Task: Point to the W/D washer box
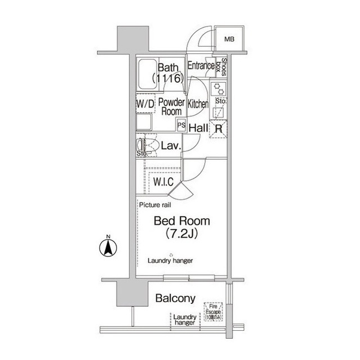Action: coord(145,103)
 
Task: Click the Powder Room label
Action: coord(171,106)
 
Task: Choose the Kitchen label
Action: coord(198,104)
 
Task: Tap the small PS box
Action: coord(182,125)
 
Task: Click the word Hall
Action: coord(199,128)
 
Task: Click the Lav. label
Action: coord(170,146)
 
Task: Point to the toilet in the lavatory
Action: coord(147,146)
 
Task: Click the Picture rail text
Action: coord(156,206)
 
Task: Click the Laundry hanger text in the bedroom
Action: coord(170,261)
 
